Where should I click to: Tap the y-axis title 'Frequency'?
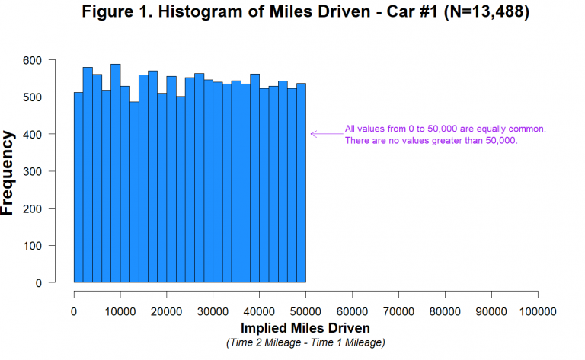[8, 172]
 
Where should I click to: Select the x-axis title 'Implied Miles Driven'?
[305, 328]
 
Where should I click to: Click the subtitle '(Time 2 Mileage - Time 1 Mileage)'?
[305, 342]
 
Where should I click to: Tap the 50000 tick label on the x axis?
[305, 311]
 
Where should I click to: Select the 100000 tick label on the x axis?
[537, 311]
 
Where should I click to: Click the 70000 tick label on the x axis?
[398, 311]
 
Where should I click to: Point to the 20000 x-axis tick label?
[166, 311]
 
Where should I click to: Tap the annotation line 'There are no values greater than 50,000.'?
[431, 141]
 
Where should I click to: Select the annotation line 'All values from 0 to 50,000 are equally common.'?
[445, 129]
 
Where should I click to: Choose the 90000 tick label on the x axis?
[491, 311]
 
